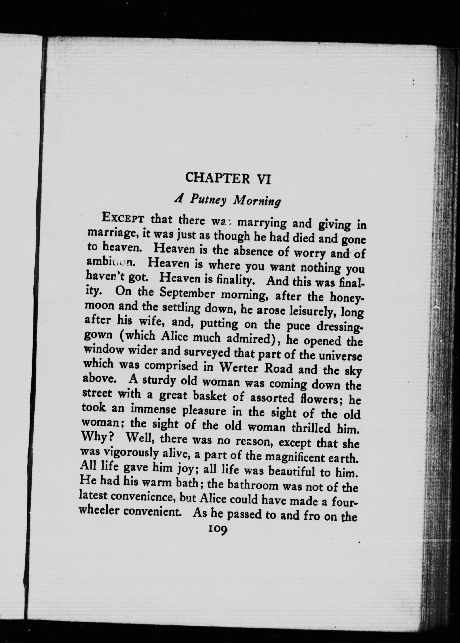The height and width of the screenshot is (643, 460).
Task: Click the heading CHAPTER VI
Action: pos(228,178)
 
